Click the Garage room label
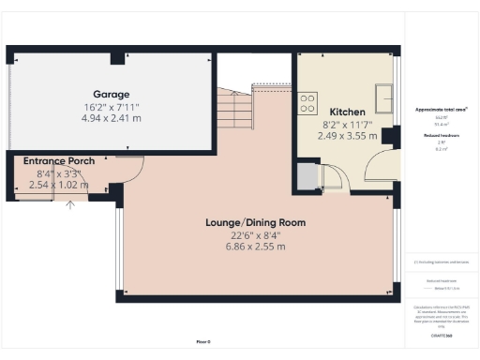pos(111,95)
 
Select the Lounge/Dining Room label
pos(256,222)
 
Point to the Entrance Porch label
pos(59,161)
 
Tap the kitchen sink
pos(384,96)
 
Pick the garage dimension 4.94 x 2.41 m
pos(111,119)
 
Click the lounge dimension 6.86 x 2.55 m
pos(256,247)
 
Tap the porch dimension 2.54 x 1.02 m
pos(59,186)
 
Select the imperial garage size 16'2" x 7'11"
pos(111,107)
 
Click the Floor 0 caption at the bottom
pos(203,341)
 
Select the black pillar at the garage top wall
pos(116,58)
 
